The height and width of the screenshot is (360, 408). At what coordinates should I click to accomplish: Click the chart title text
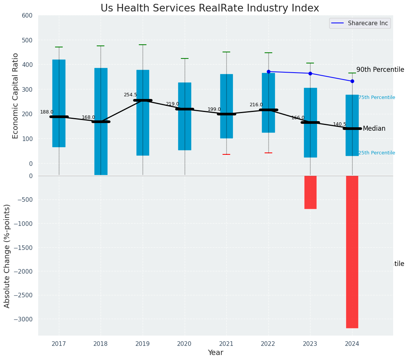click(210, 8)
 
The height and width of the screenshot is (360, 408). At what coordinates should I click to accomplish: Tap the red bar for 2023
click(310, 192)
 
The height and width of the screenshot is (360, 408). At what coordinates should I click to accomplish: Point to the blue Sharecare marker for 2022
click(268, 71)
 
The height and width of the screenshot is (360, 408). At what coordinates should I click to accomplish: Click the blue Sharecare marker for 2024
click(352, 81)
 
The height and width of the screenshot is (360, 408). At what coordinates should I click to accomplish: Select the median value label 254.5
click(130, 95)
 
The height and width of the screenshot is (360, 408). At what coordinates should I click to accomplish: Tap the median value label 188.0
click(47, 112)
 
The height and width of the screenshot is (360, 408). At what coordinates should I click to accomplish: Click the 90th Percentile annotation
click(380, 70)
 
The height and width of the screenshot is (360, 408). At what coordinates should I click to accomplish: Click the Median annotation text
click(374, 129)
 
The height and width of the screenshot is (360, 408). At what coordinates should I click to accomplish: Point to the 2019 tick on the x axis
click(143, 344)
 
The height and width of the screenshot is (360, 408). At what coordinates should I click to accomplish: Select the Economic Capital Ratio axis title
click(16, 96)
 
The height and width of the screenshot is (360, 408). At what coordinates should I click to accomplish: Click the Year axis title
click(215, 353)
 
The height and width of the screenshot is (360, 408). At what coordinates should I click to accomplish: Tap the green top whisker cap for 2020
click(185, 58)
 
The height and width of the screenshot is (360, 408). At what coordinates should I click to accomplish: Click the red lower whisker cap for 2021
click(226, 154)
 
